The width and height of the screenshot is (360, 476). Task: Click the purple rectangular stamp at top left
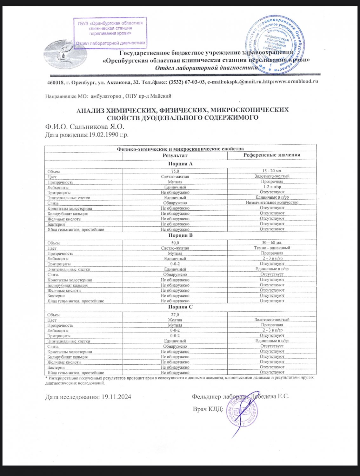(110, 33)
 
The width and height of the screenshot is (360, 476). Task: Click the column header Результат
(175, 155)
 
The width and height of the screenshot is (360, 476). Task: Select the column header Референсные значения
(272, 155)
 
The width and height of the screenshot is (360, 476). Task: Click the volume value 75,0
(175, 171)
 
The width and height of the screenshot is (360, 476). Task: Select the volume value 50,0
(175, 243)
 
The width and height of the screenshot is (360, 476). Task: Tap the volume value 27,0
(175, 315)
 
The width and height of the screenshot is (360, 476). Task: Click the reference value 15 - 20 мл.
(272, 171)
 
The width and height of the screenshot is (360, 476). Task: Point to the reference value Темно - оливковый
(272, 248)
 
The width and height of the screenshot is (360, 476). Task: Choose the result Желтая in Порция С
(175, 320)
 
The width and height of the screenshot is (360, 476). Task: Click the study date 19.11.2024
(116, 397)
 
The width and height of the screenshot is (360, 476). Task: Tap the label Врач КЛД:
(208, 409)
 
